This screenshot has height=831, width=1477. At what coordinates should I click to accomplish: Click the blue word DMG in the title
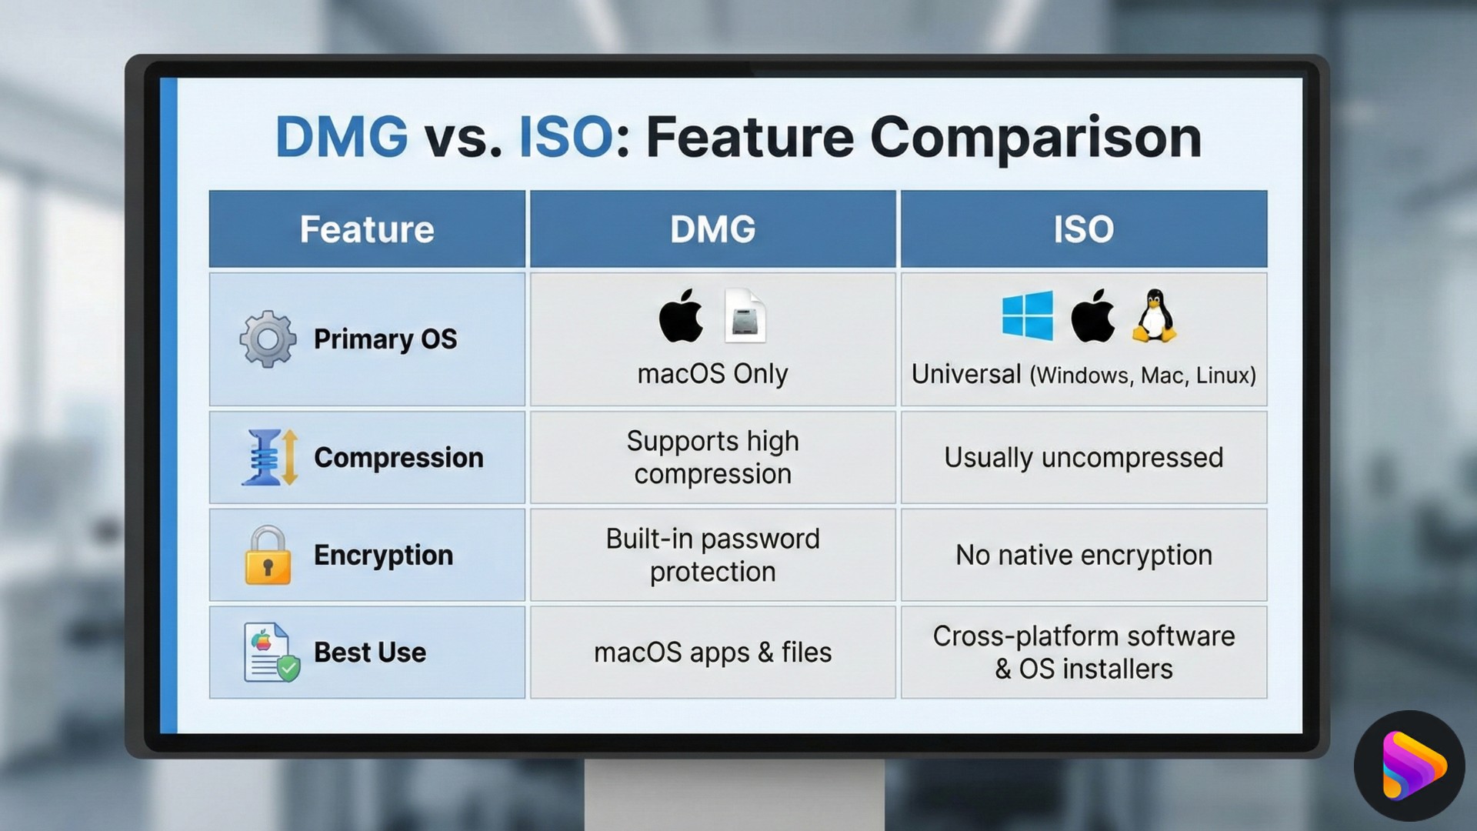pos(342,137)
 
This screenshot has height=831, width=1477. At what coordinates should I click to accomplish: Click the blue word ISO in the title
pos(565,137)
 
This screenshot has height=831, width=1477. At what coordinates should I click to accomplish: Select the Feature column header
pos(367,229)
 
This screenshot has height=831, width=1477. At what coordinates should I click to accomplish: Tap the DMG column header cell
pos(712,229)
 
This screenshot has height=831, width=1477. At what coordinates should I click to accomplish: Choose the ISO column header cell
pos(1083,229)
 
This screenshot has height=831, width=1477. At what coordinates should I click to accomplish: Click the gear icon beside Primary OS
pos(267,339)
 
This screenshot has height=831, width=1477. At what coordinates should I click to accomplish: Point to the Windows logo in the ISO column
pos(1028,315)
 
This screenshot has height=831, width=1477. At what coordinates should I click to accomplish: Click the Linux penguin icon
pos(1154,316)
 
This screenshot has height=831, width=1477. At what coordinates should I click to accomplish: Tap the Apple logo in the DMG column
pos(681,316)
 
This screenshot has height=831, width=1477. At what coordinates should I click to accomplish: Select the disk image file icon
pos(745,316)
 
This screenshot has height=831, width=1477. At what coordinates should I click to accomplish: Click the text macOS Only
pos(712,374)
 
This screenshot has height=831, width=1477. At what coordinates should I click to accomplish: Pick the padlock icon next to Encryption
pos(268,556)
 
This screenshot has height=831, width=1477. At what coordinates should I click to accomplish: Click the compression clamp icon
pos(268,458)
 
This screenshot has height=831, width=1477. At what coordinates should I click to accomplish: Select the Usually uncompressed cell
pos(1083,458)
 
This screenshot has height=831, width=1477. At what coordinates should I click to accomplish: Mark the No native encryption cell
pos(1083,555)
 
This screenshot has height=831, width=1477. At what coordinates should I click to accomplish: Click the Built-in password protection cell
pos(712,555)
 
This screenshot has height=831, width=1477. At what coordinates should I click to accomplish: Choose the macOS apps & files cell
pos(712,652)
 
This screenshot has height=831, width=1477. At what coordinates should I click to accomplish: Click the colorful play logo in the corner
pos(1409,766)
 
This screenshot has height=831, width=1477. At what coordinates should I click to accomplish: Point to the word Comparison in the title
pos(1035,137)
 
